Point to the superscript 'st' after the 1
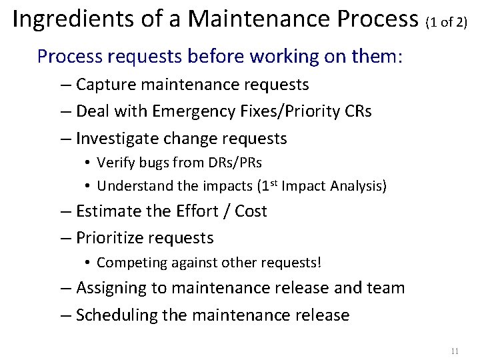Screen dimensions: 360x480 coord(273,183)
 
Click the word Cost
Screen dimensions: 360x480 coord(251,211)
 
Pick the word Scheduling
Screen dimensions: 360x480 coord(115,315)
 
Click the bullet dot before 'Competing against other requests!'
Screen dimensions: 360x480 coord(88,263)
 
